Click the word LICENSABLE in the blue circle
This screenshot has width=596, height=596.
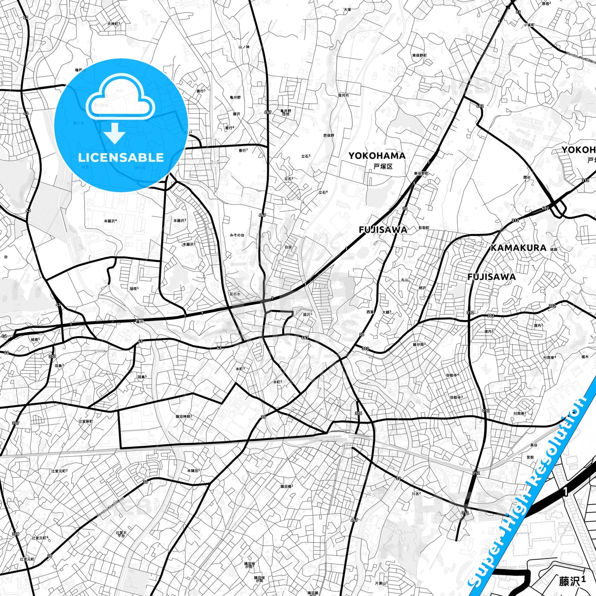tap(121, 157)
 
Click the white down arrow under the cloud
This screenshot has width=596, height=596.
tap(115, 132)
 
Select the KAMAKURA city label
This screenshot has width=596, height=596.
tap(518, 248)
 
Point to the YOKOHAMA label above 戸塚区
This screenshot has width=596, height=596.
tap(377, 155)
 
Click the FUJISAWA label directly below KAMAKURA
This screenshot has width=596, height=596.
tap(491, 277)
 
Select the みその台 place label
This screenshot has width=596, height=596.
tap(237, 235)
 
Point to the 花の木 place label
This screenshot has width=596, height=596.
tap(235, 294)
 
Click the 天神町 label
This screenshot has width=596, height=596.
tap(113, 24)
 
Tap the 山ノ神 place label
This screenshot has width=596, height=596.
tap(244, 47)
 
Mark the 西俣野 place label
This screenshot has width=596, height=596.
tap(329, 135)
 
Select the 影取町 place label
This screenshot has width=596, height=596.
tap(424, 228)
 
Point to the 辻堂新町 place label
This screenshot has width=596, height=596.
tap(86, 421)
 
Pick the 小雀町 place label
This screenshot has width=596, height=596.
tap(529, 25)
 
